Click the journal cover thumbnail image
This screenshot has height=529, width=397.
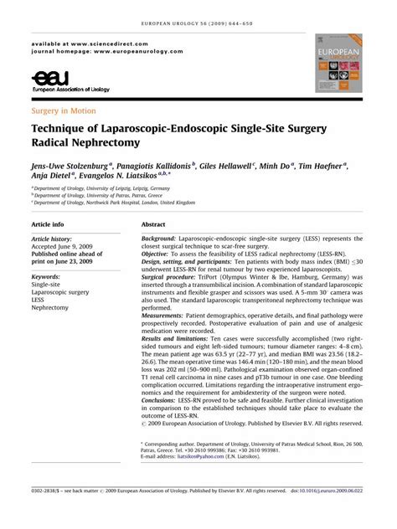pyautogui.click(x=338, y=63)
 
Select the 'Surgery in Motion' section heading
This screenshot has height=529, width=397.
pyautogui.click(x=63, y=110)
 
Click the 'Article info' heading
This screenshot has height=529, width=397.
pyautogui.click(x=47, y=225)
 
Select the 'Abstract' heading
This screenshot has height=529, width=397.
pyautogui.click(x=153, y=225)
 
